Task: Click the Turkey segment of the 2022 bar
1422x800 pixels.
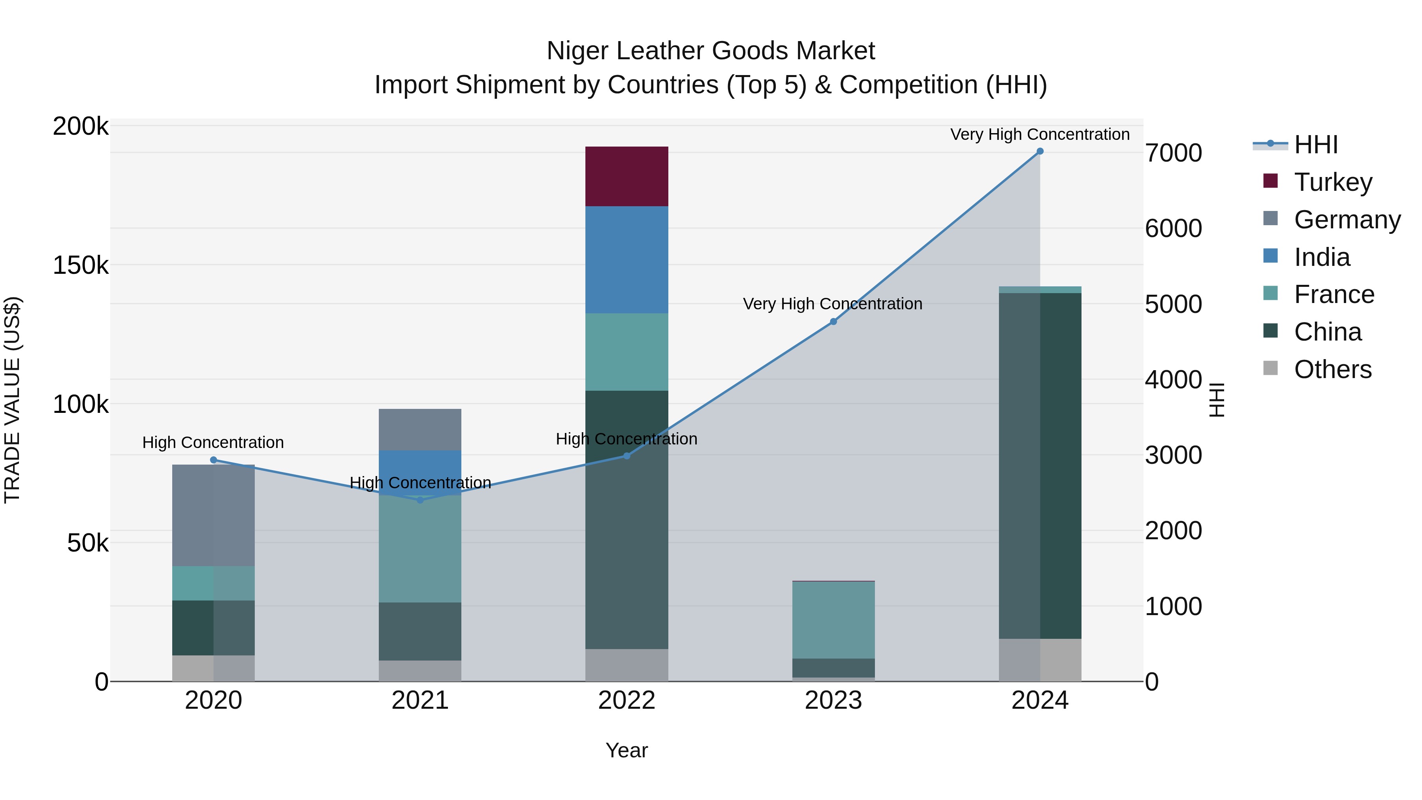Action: (x=626, y=176)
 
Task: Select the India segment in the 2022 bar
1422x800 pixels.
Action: (x=626, y=260)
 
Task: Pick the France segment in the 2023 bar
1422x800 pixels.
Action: (x=833, y=619)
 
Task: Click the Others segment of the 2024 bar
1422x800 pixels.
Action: (x=1040, y=660)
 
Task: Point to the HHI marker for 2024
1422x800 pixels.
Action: (x=1040, y=151)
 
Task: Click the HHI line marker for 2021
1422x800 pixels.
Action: (x=420, y=500)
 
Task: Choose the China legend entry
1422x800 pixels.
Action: (x=1327, y=332)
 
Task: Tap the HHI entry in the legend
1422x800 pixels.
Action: (x=1315, y=145)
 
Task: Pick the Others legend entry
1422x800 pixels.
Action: (x=1332, y=369)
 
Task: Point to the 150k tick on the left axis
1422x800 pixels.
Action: (x=81, y=265)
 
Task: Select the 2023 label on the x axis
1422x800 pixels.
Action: (x=833, y=700)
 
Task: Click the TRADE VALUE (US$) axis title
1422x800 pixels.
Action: (x=12, y=400)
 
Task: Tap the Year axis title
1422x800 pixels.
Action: (x=626, y=750)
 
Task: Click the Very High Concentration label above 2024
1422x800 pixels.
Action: (x=1040, y=134)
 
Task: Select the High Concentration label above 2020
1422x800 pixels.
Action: (x=213, y=442)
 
